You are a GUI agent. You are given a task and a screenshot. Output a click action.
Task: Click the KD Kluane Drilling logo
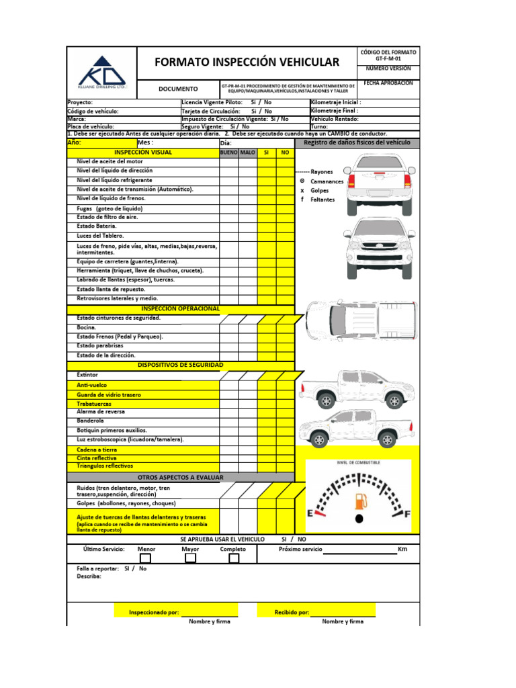tap(101, 71)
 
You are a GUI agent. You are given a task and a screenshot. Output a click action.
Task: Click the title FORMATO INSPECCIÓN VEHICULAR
tap(247, 62)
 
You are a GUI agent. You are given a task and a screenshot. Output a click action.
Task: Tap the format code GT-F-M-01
tap(388, 59)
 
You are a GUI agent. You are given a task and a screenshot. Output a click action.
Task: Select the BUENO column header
tap(228, 153)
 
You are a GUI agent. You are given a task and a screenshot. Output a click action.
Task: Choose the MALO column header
tap(248, 153)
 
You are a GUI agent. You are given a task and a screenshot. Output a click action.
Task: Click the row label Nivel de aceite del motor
tap(110, 162)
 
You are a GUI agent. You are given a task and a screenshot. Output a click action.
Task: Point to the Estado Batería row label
tap(97, 226)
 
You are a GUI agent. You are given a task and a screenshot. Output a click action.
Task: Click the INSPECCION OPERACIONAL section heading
tap(180, 308)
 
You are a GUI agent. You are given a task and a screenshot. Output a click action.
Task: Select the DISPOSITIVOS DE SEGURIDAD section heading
tap(180, 365)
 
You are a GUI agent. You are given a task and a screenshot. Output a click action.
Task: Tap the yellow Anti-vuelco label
tap(92, 385)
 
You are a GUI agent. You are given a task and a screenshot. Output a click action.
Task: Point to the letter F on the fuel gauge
tap(406, 514)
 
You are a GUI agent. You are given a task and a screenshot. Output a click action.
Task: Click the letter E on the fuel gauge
tap(311, 514)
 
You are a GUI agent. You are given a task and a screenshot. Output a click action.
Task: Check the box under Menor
tap(146, 558)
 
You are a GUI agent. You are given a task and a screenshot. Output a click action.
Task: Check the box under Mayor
tap(191, 558)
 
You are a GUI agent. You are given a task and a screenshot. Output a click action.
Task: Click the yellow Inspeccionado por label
tap(154, 613)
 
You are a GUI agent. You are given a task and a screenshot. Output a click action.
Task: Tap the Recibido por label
tap(292, 613)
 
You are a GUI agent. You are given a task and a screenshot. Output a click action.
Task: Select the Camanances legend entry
tap(327, 181)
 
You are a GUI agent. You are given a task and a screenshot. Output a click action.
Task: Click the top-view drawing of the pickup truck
tap(361, 320)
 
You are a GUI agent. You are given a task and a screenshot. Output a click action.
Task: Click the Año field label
tap(74, 142)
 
